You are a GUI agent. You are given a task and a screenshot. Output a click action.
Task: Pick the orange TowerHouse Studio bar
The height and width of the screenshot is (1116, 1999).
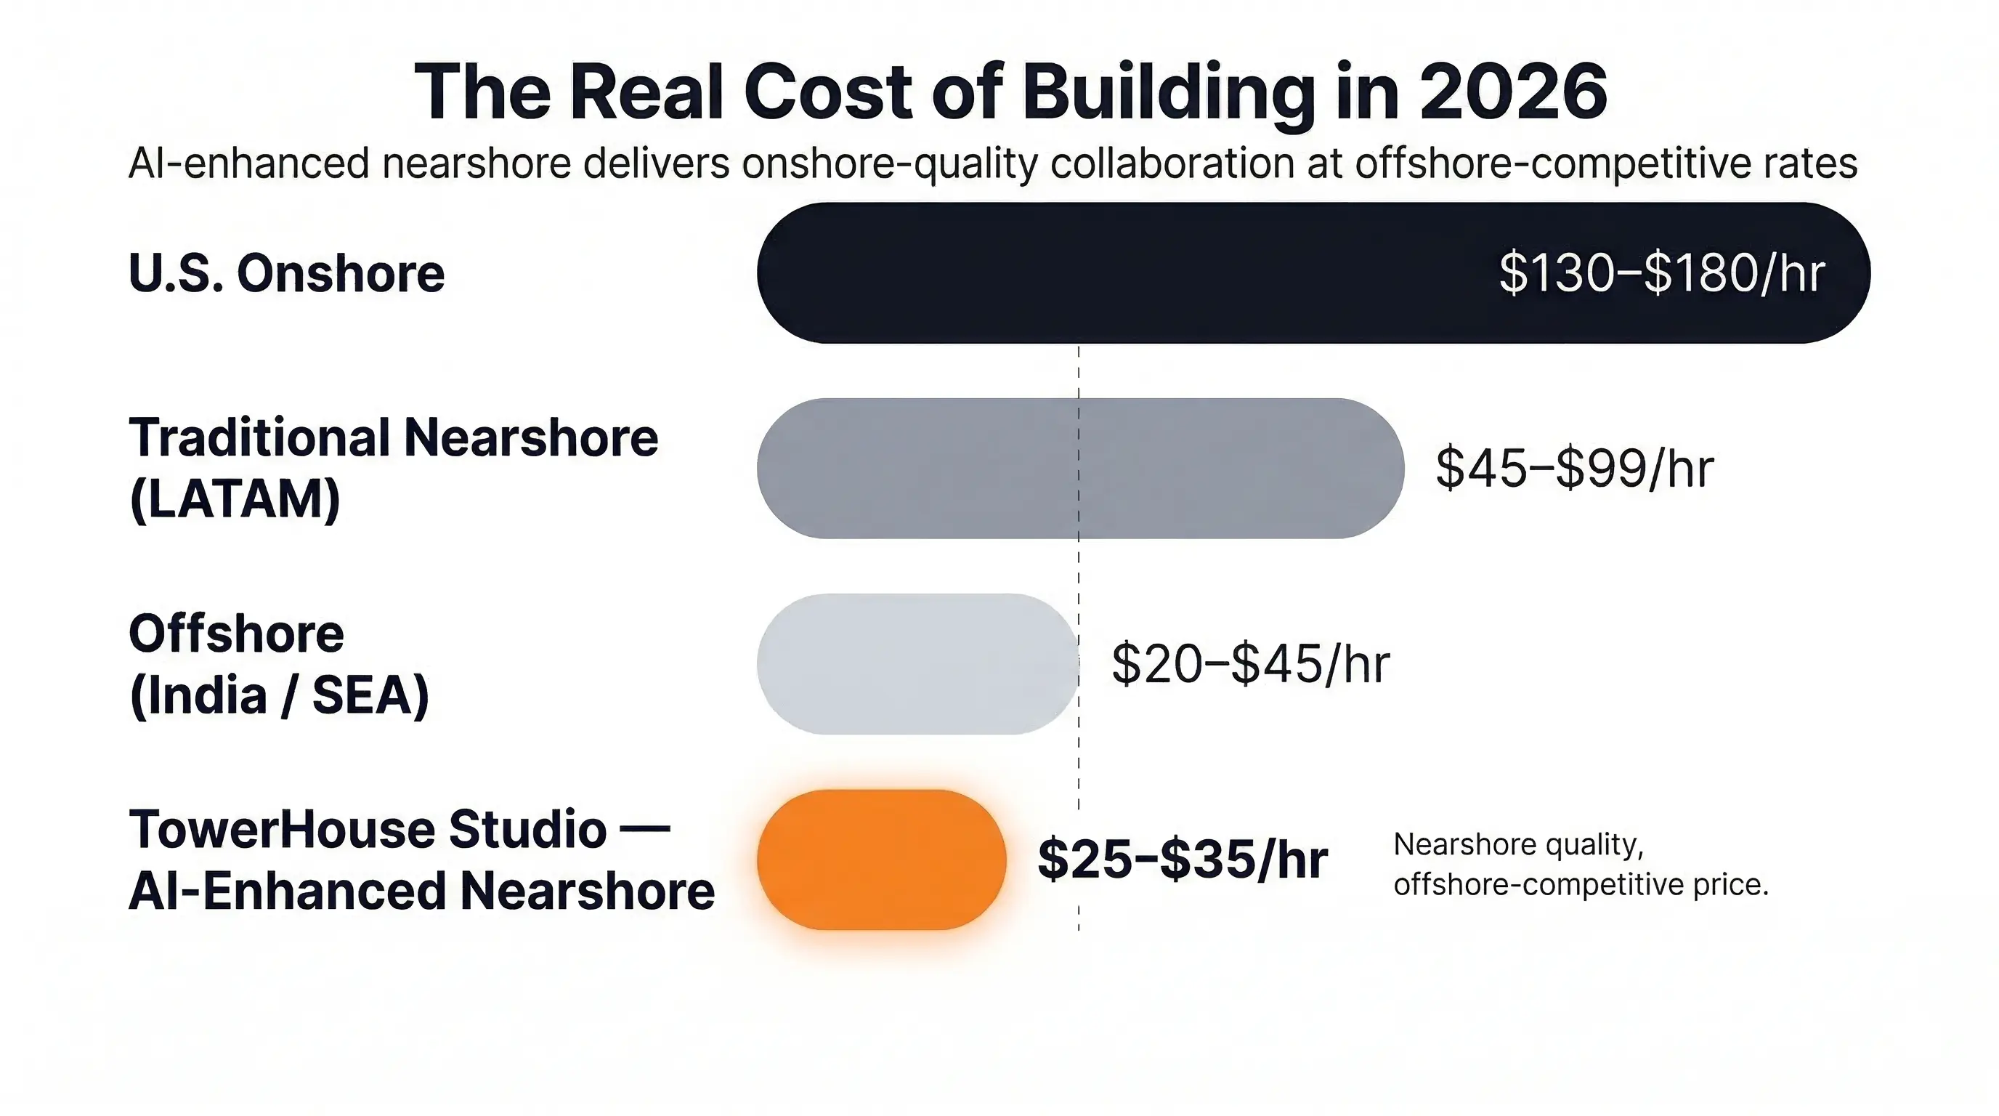(x=882, y=860)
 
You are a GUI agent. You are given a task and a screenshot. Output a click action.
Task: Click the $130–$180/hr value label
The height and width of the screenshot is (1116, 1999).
(x=1661, y=273)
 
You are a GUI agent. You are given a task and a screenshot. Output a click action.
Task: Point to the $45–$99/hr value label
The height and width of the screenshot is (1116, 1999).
(x=1574, y=469)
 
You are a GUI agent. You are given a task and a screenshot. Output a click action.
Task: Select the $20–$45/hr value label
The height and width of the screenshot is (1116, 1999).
(x=1250, y=664)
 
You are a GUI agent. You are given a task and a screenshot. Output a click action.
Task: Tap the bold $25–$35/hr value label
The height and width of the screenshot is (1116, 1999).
(x=1182, y=860)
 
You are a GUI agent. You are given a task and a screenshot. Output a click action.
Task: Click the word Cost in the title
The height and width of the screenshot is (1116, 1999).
(x=829, y=92)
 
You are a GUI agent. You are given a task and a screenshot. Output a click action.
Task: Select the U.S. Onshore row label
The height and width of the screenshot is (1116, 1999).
(x=286, y=273)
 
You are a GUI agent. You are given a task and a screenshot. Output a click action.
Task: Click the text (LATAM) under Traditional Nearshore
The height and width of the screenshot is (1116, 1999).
(x=235, y=499)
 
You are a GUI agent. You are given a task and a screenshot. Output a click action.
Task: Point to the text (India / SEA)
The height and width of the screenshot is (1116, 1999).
(x=280, y=695)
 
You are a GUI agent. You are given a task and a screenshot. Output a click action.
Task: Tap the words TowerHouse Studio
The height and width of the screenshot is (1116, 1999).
(x=368, y=829)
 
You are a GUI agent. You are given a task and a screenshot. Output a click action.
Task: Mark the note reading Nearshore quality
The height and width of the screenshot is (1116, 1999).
(x=1518, y=844)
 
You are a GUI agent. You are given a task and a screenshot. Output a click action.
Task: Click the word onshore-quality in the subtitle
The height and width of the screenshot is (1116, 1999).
(x=889, y=163)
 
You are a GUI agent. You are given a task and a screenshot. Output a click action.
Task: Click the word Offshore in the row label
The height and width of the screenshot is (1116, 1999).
(x=236, y=634)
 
